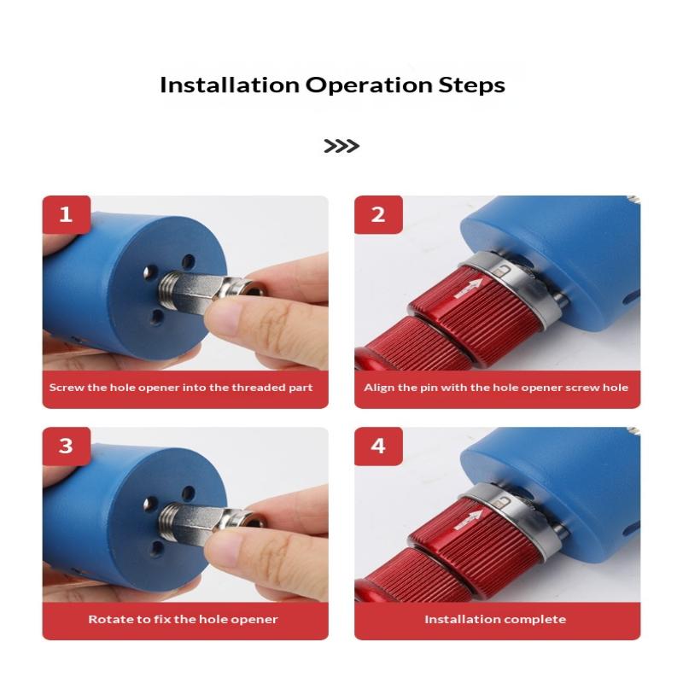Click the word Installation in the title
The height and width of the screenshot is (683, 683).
click(230, 85)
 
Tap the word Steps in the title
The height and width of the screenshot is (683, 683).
click(472, 85)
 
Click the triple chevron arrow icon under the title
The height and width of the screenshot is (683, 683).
click(341, 146)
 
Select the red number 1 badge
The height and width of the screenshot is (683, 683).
click(67, 215)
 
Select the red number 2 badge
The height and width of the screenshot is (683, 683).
click(378, 215)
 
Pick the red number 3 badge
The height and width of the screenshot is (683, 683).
click(67, 446)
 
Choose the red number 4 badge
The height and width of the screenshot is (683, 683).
click(378, 446)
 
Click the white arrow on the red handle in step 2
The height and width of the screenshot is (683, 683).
click(469, 289)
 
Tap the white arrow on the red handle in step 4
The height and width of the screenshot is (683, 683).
click(469, 520)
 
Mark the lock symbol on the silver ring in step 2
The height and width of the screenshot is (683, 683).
click(503, 271)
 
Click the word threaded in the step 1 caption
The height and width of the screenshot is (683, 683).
click(260, 388)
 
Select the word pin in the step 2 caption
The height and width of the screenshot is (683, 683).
click(429, 388)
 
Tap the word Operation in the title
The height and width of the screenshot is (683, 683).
click(369, 85)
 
